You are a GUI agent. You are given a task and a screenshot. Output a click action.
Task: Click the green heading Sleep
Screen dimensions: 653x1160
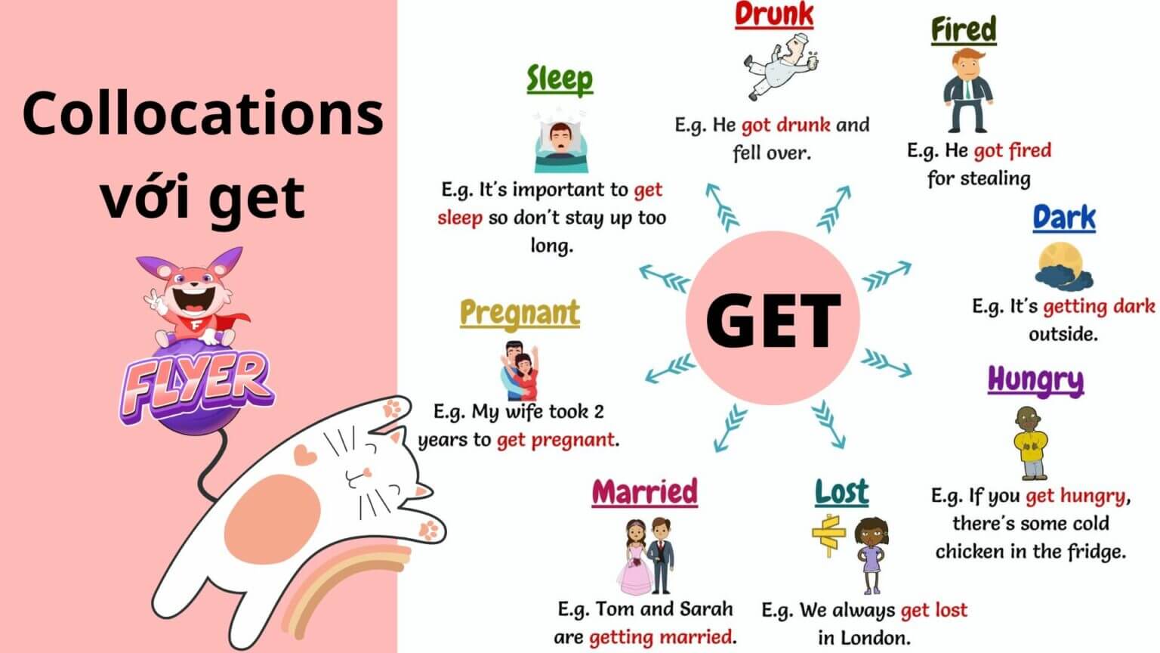[560, 79]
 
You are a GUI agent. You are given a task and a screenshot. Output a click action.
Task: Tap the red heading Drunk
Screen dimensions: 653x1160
[773, 15]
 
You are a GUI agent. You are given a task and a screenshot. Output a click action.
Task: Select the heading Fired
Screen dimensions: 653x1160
[963, 30]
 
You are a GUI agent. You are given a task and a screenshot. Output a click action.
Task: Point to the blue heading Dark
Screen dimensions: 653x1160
[1063, 218]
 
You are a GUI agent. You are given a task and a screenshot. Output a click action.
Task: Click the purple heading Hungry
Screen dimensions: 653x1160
[1035, 380]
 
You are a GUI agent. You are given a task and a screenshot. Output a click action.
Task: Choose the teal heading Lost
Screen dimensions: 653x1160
[841, 493]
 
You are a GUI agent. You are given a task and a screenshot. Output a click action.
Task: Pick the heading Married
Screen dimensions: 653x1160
[644, 492]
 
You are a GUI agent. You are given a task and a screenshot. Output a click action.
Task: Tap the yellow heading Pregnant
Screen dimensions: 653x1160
[520, 313]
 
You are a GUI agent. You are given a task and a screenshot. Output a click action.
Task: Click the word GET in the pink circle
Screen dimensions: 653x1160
[773, 320]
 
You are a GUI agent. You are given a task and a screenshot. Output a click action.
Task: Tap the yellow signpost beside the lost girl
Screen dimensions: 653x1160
[828, 535]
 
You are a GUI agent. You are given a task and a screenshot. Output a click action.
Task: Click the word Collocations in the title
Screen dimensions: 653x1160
[202, 113]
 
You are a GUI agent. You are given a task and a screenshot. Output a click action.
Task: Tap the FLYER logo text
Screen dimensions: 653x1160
[197, 382]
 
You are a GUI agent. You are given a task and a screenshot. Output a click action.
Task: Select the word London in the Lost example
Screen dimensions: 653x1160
[879, 636]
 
